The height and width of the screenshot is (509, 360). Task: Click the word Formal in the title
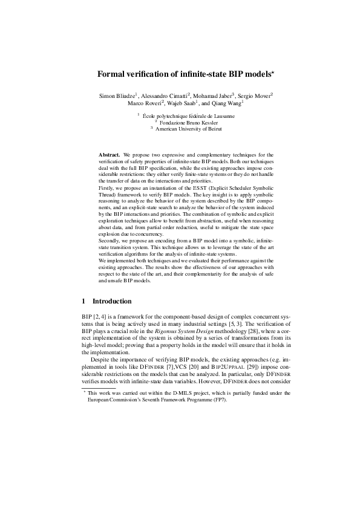(x=111, y=74)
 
